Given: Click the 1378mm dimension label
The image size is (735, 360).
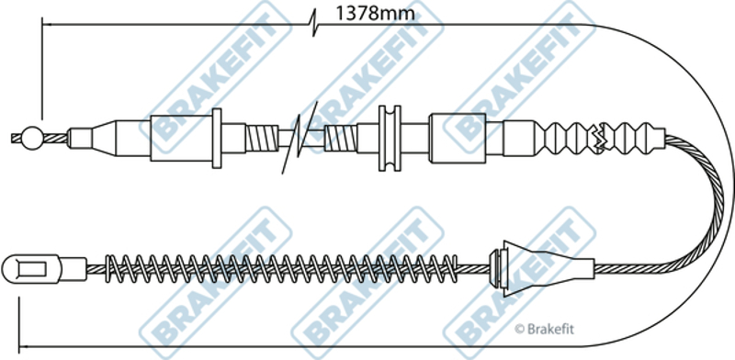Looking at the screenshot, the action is point(375,14).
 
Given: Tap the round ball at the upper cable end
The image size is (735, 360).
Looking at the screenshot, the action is point(32,139).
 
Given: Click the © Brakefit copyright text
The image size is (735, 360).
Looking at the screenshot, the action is point(544,329).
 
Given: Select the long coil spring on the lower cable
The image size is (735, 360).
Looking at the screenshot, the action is point(281,268).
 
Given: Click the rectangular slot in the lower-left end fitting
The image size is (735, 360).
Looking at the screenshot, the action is point(32,269).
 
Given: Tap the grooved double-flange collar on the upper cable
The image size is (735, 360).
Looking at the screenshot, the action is point(390,139).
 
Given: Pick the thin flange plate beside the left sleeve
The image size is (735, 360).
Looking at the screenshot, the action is point(217,139).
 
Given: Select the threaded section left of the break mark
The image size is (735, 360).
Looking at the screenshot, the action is point(262,139).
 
